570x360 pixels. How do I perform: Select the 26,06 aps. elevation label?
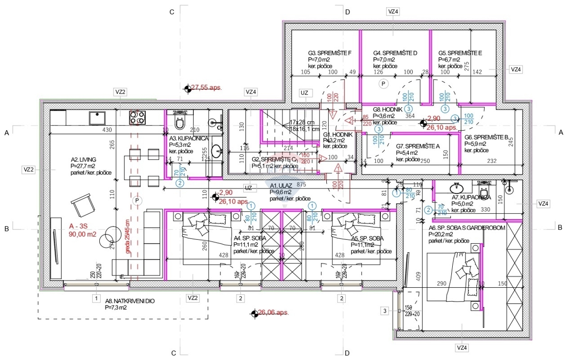pos(273,313)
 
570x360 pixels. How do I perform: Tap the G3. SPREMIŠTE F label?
pos(330,53)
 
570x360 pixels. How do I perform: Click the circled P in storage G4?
pos(382,84)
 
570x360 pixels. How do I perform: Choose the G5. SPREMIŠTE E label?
pos(460,53)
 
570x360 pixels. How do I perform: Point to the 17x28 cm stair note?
pos(305,122)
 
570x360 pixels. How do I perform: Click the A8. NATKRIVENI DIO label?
pos(130,301)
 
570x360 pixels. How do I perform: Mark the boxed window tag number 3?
pos(385,311)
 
